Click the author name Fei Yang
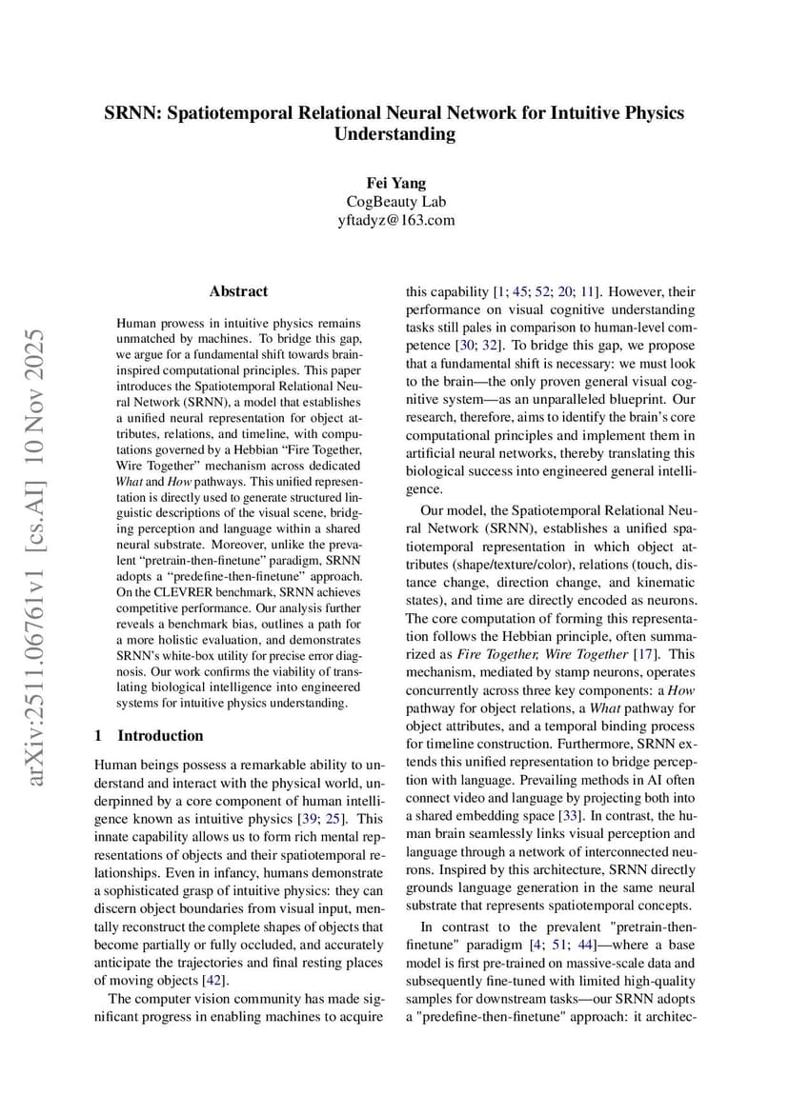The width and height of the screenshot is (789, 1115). click(394, 183)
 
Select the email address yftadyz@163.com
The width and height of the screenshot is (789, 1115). click(394, 220)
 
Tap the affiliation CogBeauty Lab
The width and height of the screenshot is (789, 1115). click(394, 202)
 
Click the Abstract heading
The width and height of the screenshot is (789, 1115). click(238, 291)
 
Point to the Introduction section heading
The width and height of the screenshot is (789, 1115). click(160, 735)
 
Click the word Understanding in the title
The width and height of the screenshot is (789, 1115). click(394, 134)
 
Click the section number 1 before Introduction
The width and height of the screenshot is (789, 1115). click(99, 735)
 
